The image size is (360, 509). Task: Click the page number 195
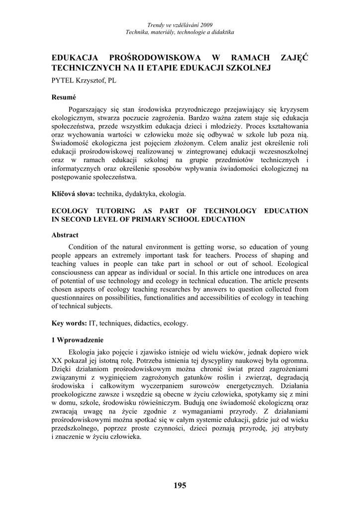pyautogui.click(x=180, y=486)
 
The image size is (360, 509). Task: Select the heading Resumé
pyautogui.click(x=64, y=98)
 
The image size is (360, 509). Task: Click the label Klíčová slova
pyautogui.click(x=74, y=193)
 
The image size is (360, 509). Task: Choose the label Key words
pyautogui.click(x=69, y=323)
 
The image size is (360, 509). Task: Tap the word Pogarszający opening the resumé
pyautogui.click(x=92, y=109)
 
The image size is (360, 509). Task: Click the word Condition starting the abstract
pyautogui.click(x=84, y=247)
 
